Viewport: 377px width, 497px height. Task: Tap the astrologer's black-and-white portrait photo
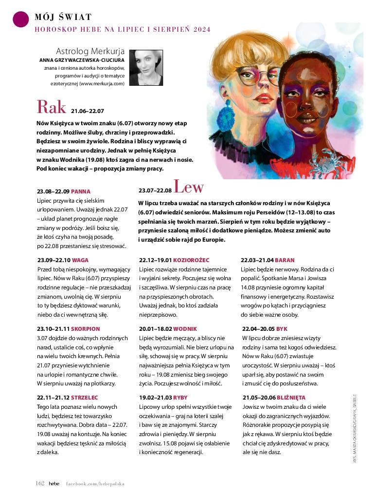tap(146, 68)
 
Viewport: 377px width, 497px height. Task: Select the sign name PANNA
tap(81, 191)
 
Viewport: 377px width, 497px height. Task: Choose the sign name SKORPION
tap(86, 329)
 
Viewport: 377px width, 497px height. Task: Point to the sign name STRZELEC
tap(85, 398)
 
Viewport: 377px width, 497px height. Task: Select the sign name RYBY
tap(180, 398)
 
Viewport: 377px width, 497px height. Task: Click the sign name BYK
tap(282, 329)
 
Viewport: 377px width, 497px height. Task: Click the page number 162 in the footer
tap(40, 483)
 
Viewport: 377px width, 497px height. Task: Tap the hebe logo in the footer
tap(54, 483)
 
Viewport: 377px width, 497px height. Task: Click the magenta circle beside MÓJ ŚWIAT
tap(19, 19)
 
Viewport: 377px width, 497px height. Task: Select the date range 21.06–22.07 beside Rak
tap(88, 111)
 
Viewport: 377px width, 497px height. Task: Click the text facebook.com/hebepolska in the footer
tap(95, 484)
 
